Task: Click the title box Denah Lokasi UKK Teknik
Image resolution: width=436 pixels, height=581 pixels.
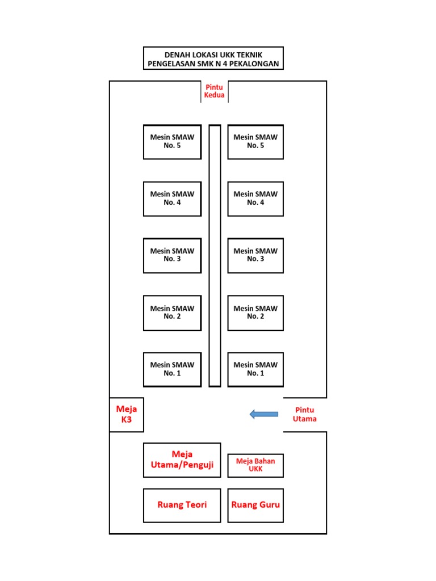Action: point(213,58)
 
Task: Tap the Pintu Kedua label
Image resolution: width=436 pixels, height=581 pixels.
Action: point(215,91)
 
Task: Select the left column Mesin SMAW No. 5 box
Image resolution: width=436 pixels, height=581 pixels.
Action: point(172,142)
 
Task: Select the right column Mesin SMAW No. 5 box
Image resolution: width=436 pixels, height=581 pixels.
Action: point(255,142)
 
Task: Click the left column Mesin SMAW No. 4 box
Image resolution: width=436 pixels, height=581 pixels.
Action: point(172,199)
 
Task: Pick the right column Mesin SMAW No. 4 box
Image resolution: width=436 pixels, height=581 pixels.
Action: point(255,199)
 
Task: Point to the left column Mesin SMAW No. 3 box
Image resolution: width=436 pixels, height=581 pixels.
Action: point(172,255)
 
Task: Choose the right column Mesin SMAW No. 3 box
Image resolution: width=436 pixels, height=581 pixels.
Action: point(255,255)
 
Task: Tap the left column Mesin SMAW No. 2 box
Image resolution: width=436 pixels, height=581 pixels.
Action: point(172,313)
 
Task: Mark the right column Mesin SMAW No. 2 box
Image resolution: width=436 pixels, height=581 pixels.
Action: point(255,313)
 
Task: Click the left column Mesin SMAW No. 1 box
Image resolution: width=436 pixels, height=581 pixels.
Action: point(172,369)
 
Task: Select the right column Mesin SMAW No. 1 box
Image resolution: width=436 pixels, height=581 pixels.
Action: point(255,369)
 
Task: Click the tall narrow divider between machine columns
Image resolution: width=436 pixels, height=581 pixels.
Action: point(215,255)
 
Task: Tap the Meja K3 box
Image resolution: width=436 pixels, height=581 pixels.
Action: point(127,415)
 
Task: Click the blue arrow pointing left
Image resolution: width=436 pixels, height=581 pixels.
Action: point(264,415)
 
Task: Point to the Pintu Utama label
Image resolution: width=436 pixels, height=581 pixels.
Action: point(304,415)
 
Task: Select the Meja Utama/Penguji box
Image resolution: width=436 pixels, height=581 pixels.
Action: point(182,460)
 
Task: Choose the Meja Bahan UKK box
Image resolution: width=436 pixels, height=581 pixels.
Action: point(255,465)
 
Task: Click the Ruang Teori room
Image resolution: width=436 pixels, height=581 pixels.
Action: point(182,505)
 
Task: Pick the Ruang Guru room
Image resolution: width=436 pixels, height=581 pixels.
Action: point(255,505)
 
